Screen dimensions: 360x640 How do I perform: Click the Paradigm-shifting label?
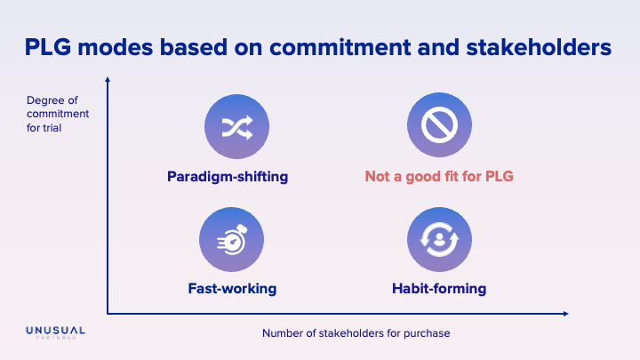tap(228, 176)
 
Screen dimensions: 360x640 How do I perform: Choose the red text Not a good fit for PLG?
tap(439, 176)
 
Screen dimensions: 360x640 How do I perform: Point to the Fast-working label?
tap(232, 289)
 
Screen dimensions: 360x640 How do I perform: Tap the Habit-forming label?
tap(439, 289)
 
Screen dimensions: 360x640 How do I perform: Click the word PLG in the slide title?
tap(55, 47)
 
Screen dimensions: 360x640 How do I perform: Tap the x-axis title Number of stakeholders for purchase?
tap(356, 333)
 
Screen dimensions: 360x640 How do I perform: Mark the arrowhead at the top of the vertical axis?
tap(108, 82)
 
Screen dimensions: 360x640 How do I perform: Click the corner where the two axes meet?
tap(108, 313)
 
